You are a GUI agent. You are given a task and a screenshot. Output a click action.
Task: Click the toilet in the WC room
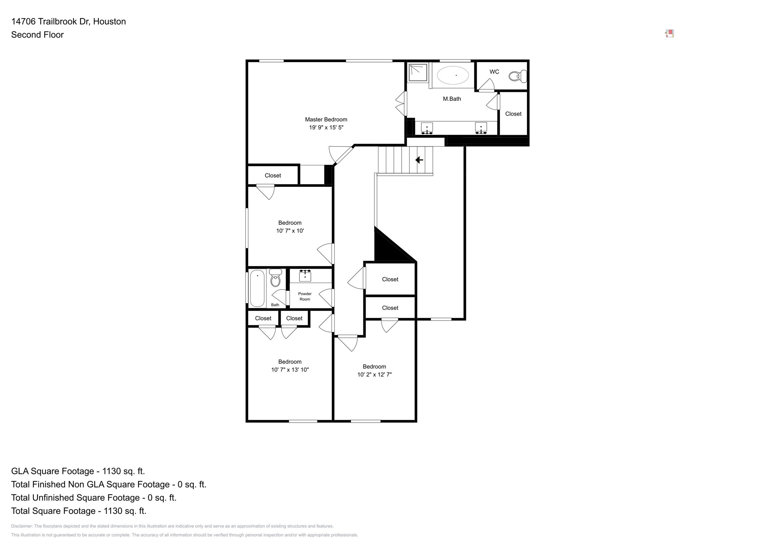coord(518,76)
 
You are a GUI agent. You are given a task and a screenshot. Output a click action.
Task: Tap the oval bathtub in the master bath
coord(453,75)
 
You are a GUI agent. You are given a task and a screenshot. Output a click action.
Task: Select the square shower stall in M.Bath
coord(418,72)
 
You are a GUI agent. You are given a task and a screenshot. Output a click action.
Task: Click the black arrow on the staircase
coord(419,160)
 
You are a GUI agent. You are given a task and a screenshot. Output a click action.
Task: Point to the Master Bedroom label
coord(326,119)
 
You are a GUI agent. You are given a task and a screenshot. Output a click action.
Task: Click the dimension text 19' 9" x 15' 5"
coord(326,128)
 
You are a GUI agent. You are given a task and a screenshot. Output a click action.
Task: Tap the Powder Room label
coord(305,296)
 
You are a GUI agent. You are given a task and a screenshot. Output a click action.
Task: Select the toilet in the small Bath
coord(276,278)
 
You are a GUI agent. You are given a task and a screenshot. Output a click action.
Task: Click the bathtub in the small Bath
coord(257,289)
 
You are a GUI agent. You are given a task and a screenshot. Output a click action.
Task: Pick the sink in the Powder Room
coord(305,275)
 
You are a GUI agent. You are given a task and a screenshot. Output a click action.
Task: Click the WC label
coord(494,72)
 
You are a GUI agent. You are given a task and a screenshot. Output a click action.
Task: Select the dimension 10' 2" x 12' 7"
coord(374,375)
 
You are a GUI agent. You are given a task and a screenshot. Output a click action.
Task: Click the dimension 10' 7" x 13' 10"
coord(290,370)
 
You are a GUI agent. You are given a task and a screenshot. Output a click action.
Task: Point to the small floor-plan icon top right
coord(670,34)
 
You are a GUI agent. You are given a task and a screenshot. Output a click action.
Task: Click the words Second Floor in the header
coord(37,35)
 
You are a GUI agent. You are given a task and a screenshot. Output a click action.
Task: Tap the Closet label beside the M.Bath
coord(513,114)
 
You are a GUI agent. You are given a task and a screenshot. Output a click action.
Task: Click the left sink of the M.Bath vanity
coord(427,128)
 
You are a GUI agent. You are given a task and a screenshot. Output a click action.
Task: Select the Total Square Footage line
coord(79,511)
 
